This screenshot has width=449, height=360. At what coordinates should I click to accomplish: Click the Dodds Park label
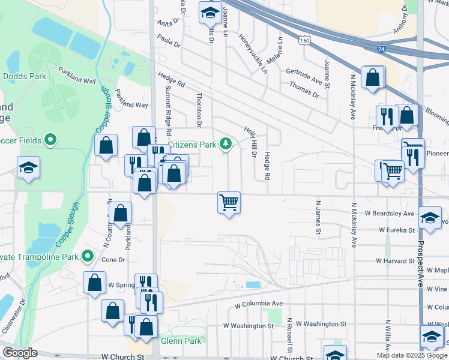pyautogui.click(x=25, y=76)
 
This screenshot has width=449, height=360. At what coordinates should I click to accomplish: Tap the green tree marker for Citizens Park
pyautogui.click(x=226, y=143)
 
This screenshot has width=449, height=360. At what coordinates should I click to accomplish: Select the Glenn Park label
pyautogui.click(x=179, y=341)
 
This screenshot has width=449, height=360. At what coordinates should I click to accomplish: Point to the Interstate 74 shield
pyautogui.click(x=381, y=49)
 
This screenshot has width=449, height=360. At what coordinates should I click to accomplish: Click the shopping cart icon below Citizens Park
pyautogui.click(x=229, y=202)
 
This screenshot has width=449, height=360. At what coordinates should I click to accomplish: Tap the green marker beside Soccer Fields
pyautogui.click(x=51, y=140)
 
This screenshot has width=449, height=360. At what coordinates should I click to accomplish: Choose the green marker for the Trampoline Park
pyautogui.click(x=88, y=257)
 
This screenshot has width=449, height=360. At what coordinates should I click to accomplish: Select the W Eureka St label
pyautogui.click(x=397, y=230)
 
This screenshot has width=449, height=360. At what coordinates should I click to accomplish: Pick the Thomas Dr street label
pyautogui.click(x=304, y=89)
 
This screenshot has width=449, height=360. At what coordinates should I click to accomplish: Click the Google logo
pyautogui.click(x=20, y=353)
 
